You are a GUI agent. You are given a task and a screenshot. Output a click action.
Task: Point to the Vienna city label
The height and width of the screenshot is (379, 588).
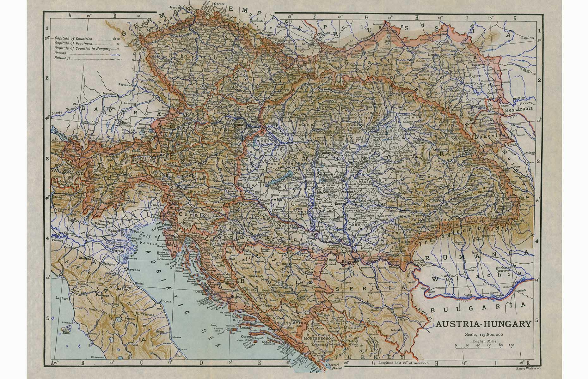(x=238, y=124)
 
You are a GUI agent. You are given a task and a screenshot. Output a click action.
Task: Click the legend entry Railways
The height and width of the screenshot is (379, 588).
(x=62, y=58)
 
